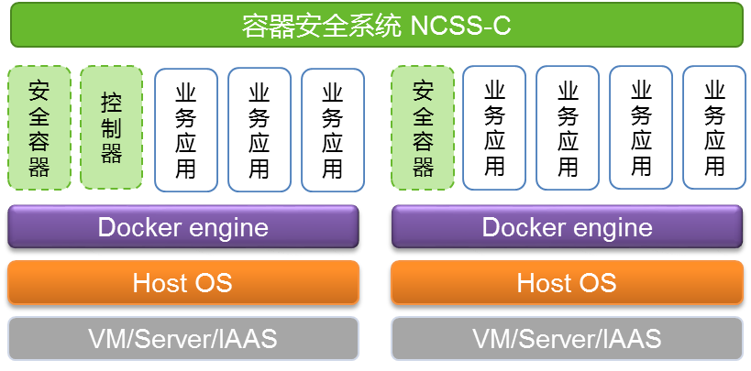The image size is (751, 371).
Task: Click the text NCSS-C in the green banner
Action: coord(460,25)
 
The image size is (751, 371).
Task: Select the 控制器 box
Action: coord(112,127)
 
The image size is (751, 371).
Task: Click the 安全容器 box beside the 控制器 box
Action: coord(39,127)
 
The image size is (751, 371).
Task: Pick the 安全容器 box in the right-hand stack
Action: coord(423,127)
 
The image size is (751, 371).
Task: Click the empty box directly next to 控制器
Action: coord(186,129)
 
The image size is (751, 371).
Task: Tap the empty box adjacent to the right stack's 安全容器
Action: coord(493,128)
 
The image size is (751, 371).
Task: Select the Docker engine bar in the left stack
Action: coord(183,227)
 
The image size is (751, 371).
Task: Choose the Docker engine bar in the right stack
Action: coord(567,227)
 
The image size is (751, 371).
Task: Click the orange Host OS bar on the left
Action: coord(183,282)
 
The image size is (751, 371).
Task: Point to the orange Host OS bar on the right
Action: coord(567,282)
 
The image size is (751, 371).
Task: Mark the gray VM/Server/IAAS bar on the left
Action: coord(183,339)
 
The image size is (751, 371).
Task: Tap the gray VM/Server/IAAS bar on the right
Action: coord(567,339)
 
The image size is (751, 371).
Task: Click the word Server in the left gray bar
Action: coord(178,339)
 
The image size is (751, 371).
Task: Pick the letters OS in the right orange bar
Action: coord(600,282)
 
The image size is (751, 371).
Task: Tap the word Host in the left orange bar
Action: coord(160,282)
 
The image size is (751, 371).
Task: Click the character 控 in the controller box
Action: coord(112,101)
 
